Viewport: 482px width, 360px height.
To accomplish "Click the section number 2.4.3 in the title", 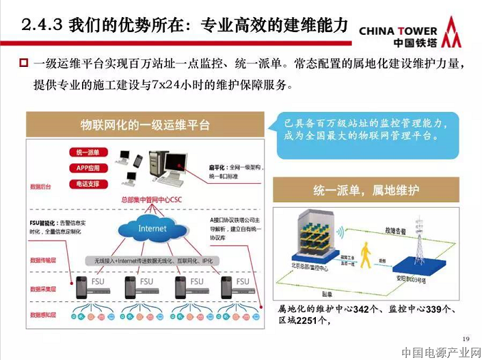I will click(x=43, y=26).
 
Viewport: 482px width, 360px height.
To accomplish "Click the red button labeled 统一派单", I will click(x=88, y=152).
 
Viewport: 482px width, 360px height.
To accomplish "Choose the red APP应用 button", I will click(x=88, y=168).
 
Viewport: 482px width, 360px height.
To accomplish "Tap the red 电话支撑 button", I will click(x=88, y=183).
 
